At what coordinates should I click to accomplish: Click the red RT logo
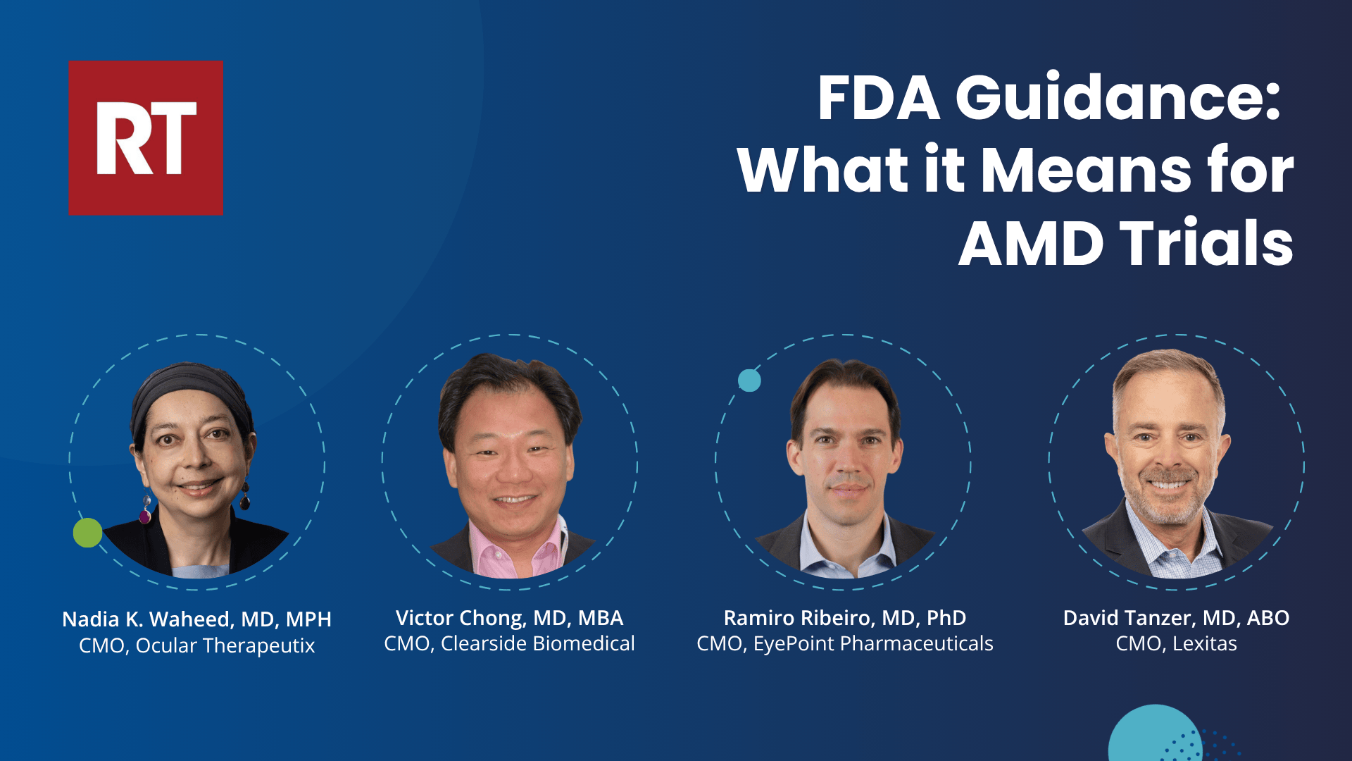pyautogui.click(x=146, y=137)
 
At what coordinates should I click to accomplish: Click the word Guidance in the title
pyautogui.click(x=1118, y=98)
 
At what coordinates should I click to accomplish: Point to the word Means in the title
pyautogui.click(x=1085, y=171)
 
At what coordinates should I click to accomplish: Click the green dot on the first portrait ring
pyautogui.click(x=87, y=533)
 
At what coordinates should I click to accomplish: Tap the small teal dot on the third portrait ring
pyautogui.click(x=749, y=380)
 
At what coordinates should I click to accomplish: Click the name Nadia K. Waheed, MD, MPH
pyautogui.click(x=196, y=619)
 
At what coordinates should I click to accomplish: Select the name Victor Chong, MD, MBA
pyautogui.click(x=509, y=618)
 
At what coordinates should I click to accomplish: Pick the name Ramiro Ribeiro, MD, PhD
pyautogui.click(x=845, y=618)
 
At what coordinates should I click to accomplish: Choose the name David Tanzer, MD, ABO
pyautogui.click(x=1176, y=618)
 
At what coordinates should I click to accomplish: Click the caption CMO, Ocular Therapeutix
pyautogui.click(x=196, y=645)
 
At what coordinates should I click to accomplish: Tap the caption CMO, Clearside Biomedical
pyautogui.click(x=509, y=643)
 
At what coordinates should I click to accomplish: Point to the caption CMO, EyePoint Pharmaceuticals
pyautogui.click(x=845, y=643)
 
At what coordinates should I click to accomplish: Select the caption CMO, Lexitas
pyautogui.click(x=1176, y=643)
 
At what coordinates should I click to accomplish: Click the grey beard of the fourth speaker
pyautogui.click(x=1169, y=500)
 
